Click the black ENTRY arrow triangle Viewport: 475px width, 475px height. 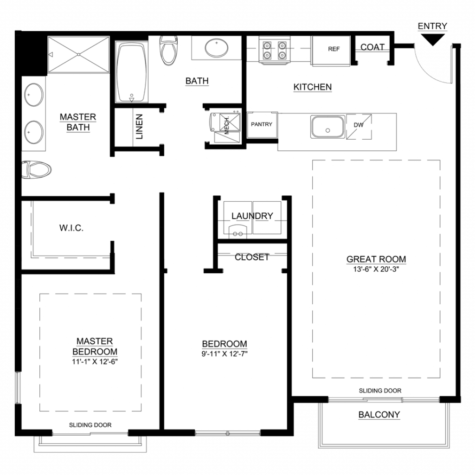433,39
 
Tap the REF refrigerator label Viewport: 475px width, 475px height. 334,49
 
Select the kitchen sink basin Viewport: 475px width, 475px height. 327,127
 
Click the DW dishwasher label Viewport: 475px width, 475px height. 359,125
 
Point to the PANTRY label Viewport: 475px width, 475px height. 262,124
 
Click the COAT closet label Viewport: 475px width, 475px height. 372,47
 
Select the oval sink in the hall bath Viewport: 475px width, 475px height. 217,48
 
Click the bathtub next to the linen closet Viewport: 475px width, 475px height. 131,72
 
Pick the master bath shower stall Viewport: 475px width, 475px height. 78,55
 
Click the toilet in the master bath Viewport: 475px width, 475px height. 36,169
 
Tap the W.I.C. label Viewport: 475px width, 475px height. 71,228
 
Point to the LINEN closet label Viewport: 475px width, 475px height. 139,127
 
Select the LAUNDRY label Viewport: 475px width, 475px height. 252,216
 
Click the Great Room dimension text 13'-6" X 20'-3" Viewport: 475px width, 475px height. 376,269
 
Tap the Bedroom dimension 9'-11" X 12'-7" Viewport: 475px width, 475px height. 225,354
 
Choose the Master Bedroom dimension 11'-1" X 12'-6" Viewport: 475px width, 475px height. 95,361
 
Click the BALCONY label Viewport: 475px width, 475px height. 379,414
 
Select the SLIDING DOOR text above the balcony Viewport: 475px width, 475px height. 380,391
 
